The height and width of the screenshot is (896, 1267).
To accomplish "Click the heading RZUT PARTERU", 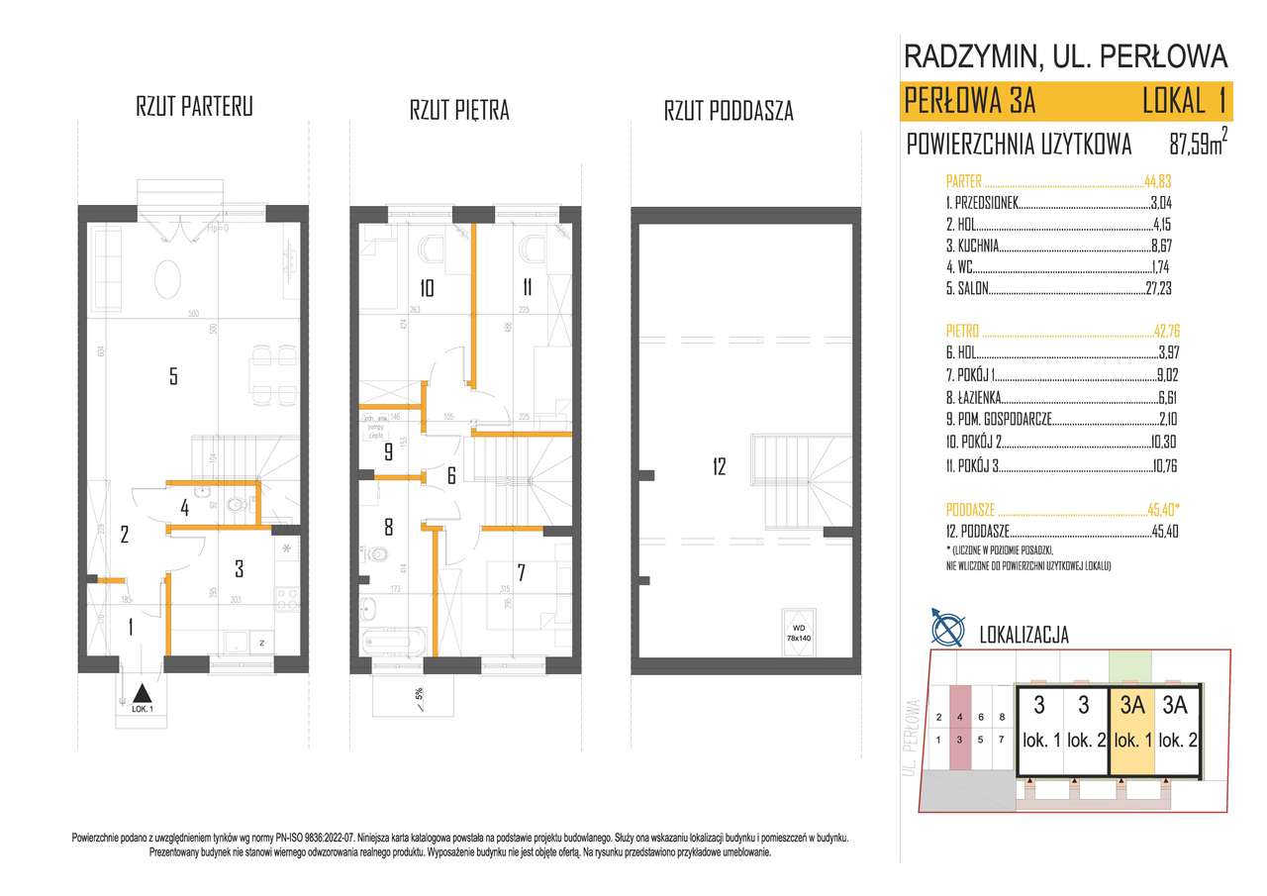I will [x=194, y=108].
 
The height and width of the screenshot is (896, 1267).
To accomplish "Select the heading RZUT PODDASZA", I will [x=729, y=111].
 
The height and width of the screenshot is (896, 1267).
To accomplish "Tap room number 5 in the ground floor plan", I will [x=173, y=375].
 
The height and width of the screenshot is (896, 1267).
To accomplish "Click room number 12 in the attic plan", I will [x=719, y=465].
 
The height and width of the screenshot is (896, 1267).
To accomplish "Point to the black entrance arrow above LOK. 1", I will [x=142, y=694].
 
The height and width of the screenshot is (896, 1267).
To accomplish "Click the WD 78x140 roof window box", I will [x=799, y=627].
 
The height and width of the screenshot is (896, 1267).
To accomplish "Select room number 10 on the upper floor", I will [x=426, y=288].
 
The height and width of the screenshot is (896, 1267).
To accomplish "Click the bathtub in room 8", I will [x=394, y=641].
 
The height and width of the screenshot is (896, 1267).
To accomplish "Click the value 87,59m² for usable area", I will [x=1198, y=145].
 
